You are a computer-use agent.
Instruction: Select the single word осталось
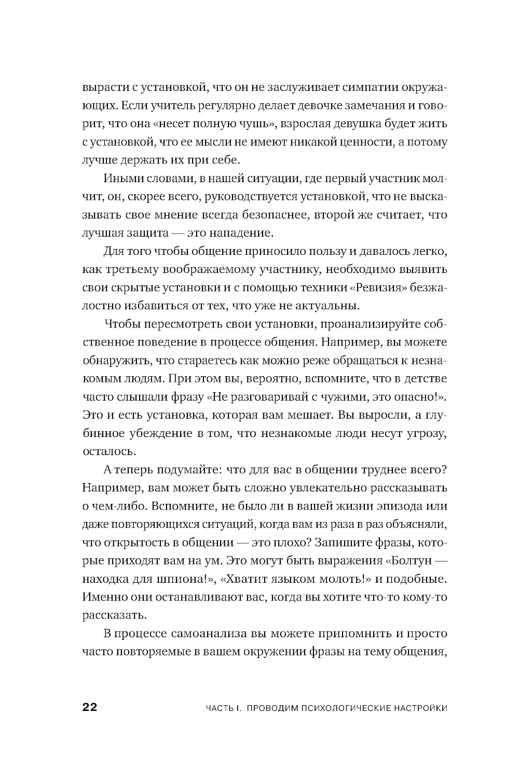coord(103,451)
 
